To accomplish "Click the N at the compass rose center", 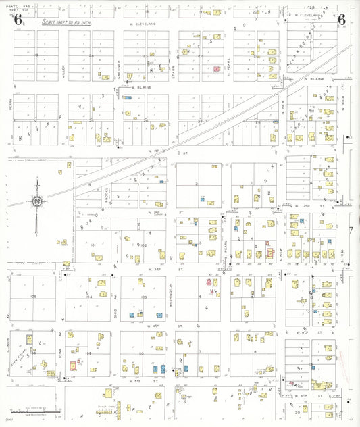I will (x=37, y=201).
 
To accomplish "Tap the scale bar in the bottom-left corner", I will (x=34, y=411).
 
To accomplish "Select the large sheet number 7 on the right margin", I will (x=352, y=232).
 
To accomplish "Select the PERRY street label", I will (x=11, y=105).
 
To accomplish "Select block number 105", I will (x=32, y=297).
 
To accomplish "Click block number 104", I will (x=88, y=297).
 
